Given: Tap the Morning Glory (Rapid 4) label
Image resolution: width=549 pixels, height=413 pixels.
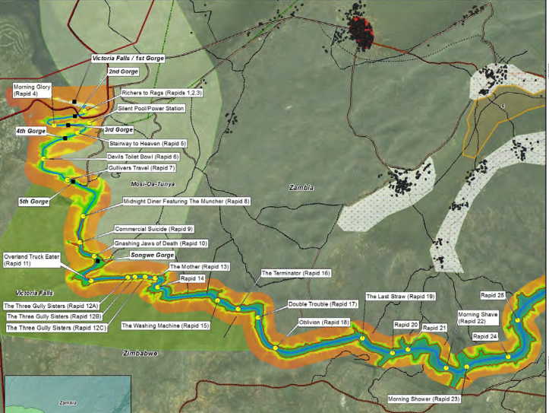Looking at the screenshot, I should tap(31, 89).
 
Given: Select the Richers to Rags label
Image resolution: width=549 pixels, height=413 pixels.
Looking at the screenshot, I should tap(157, 93).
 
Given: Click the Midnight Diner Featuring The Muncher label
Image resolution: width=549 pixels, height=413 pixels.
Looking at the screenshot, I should tap(186, 201).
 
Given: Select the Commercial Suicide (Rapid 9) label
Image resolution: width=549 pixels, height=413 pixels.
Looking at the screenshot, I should tap(154, 229).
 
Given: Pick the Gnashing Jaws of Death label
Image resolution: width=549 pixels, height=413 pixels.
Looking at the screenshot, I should tap(160, 243).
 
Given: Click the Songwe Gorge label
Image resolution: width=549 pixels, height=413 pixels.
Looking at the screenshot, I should tap(152, 255).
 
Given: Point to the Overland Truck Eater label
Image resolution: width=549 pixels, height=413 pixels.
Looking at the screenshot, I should tap(28, 259).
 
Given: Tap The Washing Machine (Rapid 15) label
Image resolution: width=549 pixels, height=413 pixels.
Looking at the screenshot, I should tap(165, 326).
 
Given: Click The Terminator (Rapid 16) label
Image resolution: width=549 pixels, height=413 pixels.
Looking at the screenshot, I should tap(295, 272).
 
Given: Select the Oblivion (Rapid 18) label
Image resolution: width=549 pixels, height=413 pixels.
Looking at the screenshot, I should tap(324, 322).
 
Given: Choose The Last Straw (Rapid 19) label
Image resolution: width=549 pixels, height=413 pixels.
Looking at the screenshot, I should tap(400, 296).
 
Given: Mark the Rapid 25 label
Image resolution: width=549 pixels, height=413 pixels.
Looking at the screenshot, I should tap(493, 294).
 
